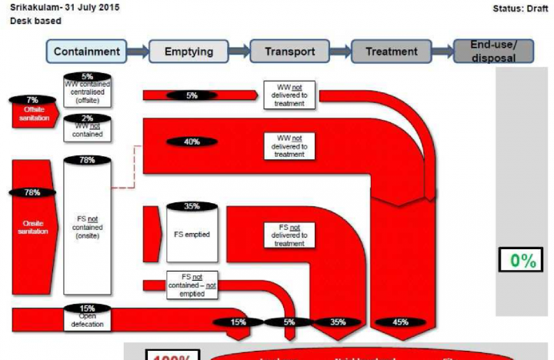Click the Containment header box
(87, 52)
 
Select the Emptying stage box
(188, 52)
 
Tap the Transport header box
(289, 52)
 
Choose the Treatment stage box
(391, 52)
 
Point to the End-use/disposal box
(493, 51)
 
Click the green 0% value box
(522, 261)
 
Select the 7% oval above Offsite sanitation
(32, 100)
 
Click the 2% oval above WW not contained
(86, 118)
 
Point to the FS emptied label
(192, 234)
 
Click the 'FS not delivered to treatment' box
(289, 235)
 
